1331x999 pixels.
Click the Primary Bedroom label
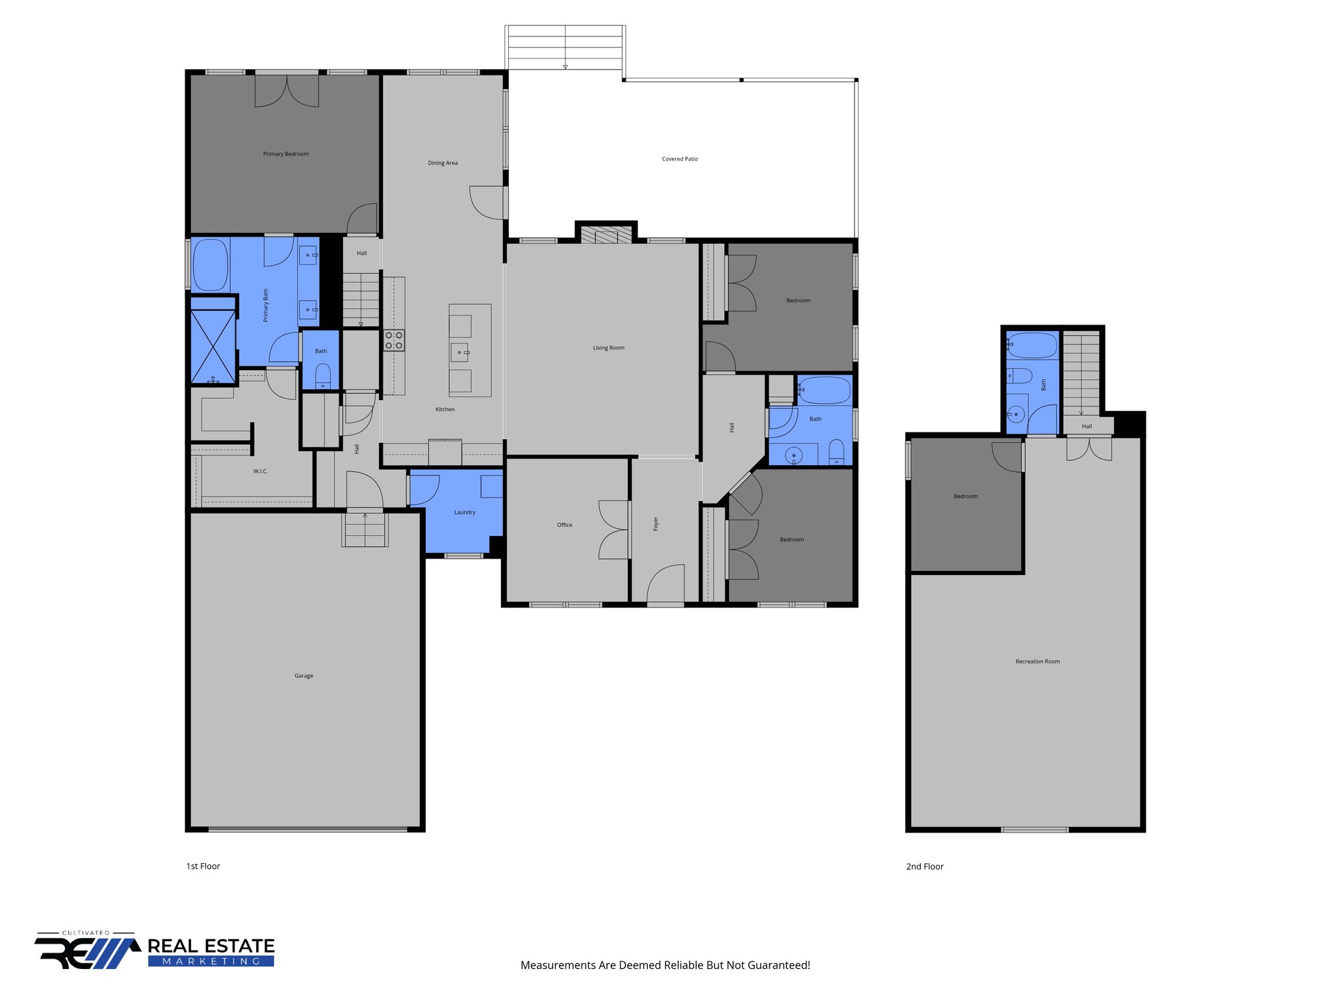coord(285,154)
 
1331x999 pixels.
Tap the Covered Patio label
coord(679,159)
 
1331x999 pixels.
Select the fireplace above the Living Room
coord(606,234)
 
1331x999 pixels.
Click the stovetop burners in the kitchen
coord(394,340)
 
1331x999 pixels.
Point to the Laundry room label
coord(464,513)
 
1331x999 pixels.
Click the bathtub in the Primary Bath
coord(210,265)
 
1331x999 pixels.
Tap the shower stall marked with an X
coord(213,347)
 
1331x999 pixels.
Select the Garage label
coord(304,676)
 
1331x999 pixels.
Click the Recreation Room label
coord(1037,661)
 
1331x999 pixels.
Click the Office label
coord(564,525)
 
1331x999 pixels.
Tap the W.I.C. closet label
coord(260,471)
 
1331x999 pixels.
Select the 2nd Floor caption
coord(924,866)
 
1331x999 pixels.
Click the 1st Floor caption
coord(203,866)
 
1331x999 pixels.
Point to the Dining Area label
coord(443,163)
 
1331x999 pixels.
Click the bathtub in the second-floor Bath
coord(1032,346)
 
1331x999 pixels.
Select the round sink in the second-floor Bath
coord(1016,414)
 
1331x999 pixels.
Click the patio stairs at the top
coord(565,47)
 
